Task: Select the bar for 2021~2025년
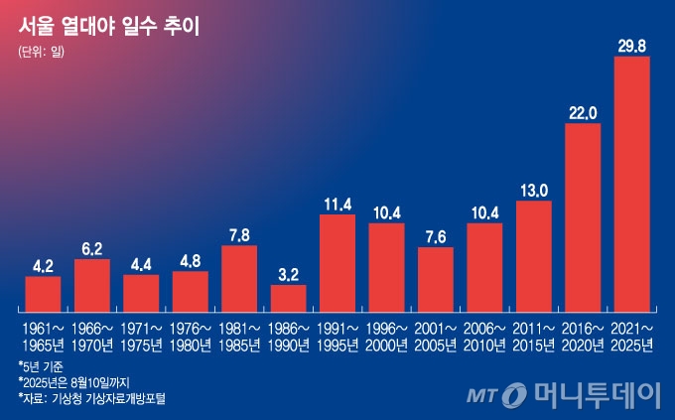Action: (x=631, y=184)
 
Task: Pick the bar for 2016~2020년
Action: (x=583, y=216)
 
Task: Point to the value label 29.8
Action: (x=631, y=46)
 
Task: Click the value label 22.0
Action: (x=583, y=112)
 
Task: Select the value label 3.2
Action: (x=288, y=274)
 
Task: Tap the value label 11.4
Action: (x=337, y=204)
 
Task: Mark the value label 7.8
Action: (x=239, y=234)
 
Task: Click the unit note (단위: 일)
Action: (x=41, y=52)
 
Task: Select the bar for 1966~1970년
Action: (x=92, y=285)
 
